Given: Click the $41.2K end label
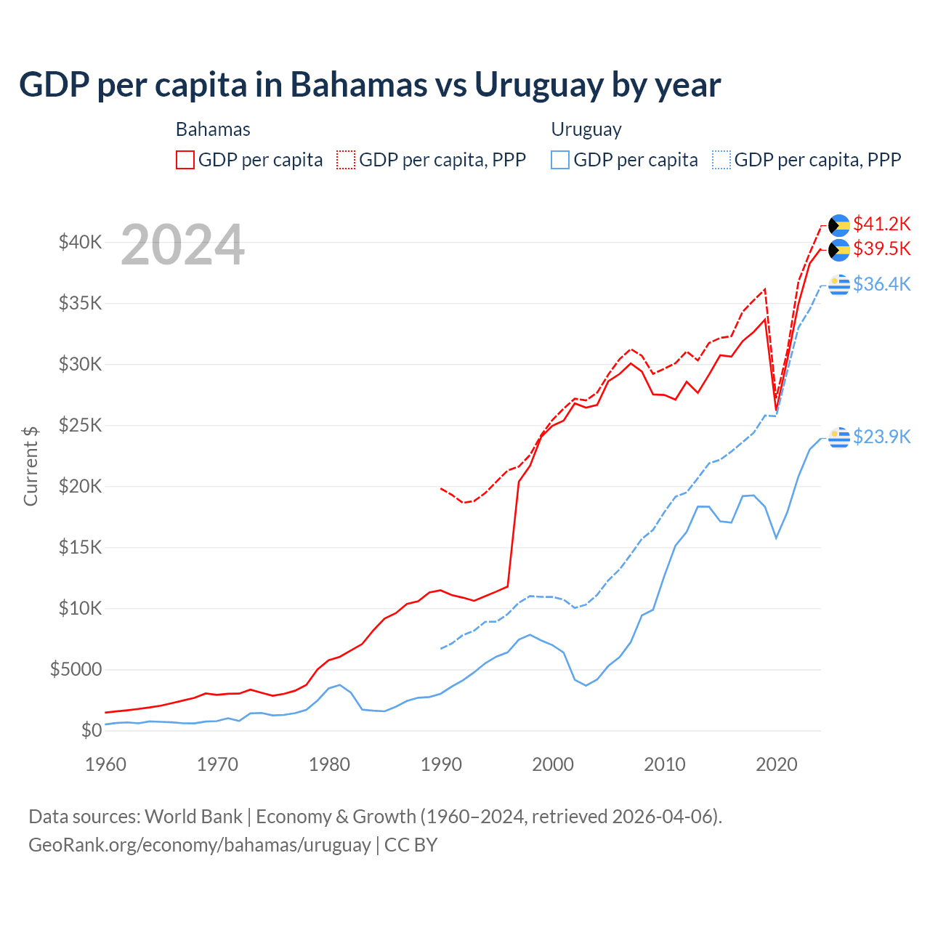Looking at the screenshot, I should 881,224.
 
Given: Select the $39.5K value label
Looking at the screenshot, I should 881,249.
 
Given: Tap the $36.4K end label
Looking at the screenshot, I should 881,284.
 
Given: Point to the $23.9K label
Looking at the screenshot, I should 881,437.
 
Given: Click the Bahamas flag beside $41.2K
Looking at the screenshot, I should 839,225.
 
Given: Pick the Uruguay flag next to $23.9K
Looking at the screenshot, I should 839,437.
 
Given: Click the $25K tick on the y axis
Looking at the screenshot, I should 81,425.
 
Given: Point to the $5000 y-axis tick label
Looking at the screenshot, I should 76,669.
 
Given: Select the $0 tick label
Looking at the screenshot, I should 92,730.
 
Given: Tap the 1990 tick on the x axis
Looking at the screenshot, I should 441,764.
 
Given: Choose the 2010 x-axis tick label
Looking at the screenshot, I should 665,764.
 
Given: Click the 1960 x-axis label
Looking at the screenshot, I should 106,764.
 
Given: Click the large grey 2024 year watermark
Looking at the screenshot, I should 182,246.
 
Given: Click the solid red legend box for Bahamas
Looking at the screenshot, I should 185,160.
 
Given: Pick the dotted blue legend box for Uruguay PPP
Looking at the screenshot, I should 721,160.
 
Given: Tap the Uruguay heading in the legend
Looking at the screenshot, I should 586,129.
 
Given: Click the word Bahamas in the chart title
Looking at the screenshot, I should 359,85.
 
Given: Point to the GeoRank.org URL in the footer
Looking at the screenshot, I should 200,845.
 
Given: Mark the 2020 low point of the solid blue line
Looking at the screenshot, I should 776,538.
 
